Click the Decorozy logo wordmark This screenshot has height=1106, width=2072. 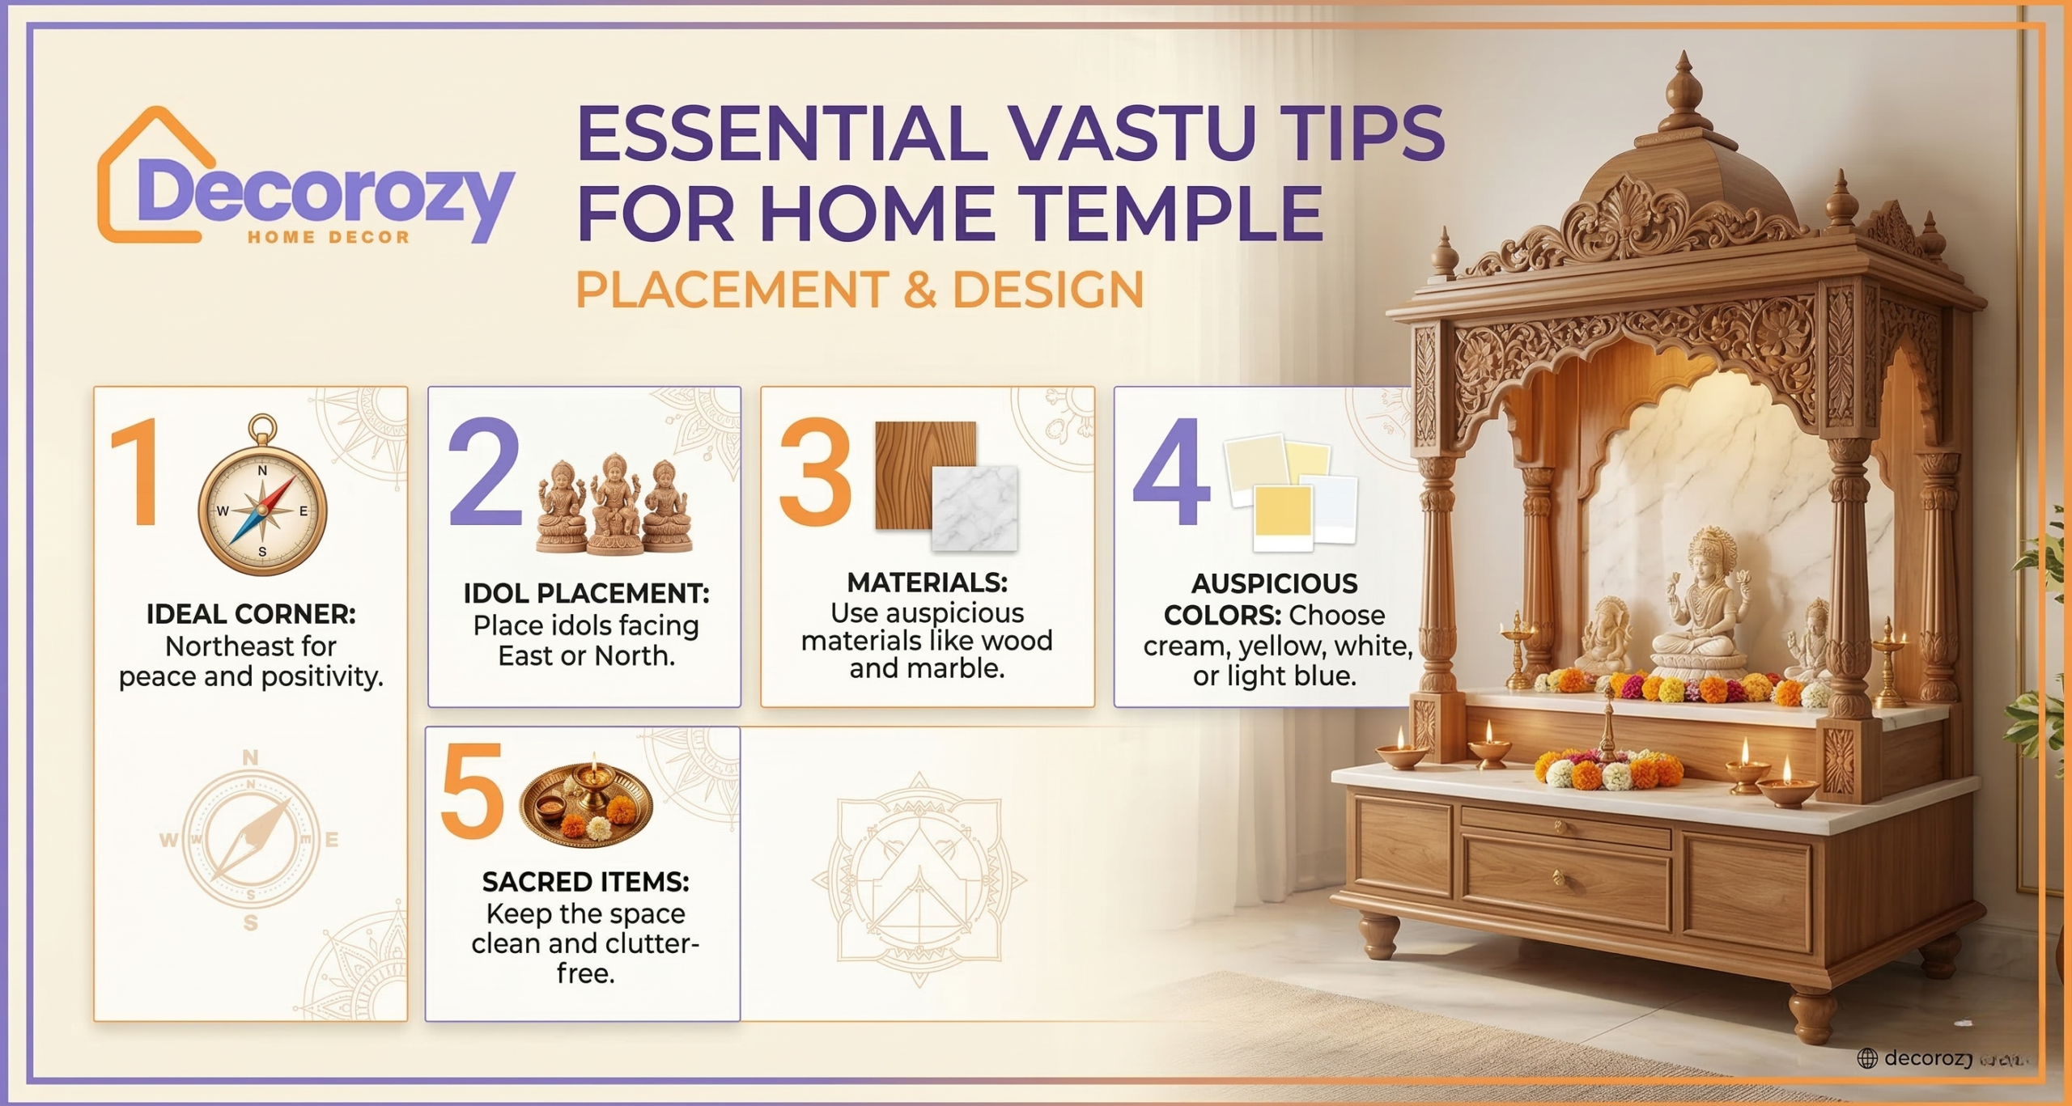tap(324, 194)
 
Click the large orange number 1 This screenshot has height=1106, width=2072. tap(138, 473)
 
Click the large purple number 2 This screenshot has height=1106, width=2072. tap(484, 473)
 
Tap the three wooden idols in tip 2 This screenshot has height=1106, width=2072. tap(615, 506)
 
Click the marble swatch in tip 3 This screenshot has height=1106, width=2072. tap(975, 510)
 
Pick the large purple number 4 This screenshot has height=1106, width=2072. tap(1172, 473)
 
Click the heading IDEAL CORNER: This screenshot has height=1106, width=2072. tap(251, 614)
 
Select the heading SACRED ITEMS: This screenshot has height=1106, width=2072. tap(585, 882)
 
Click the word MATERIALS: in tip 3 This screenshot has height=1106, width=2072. tap(927, 583)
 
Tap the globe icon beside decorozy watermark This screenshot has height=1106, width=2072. tap(1867, 1058)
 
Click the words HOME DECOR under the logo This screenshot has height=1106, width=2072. tap(329, 238)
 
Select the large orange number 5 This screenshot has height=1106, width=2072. tap(472, 793)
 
